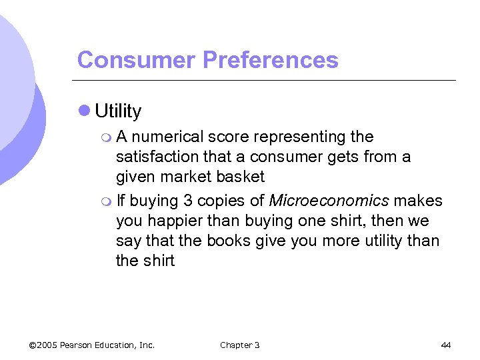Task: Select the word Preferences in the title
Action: point(270,60)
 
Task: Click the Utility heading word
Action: point(118,111)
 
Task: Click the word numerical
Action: point(167,137)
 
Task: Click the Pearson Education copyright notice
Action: point(92,345)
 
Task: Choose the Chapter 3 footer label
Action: point(239,345)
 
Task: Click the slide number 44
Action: point(446,345)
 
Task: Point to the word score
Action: point(228,137)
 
